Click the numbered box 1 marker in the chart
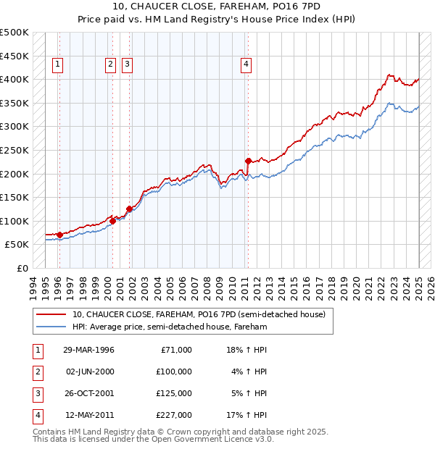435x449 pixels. (x=58, y=64)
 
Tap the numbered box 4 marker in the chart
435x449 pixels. (x=246, y=64)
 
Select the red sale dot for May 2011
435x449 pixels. (x=248, y=161)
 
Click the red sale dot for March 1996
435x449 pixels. (x=59, y=235)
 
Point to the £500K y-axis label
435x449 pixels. (x=14, y=33)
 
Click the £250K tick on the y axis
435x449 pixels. (x=14, y=150)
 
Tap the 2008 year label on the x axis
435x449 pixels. (x=208, y=285)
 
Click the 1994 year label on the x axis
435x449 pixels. (x=33, y=285)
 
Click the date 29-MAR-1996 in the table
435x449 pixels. (x=88, y=350)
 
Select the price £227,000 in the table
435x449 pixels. (x=173, y=415)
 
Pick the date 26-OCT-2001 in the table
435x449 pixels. (x=89, y=393)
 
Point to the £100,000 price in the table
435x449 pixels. (x=173, y=372)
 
